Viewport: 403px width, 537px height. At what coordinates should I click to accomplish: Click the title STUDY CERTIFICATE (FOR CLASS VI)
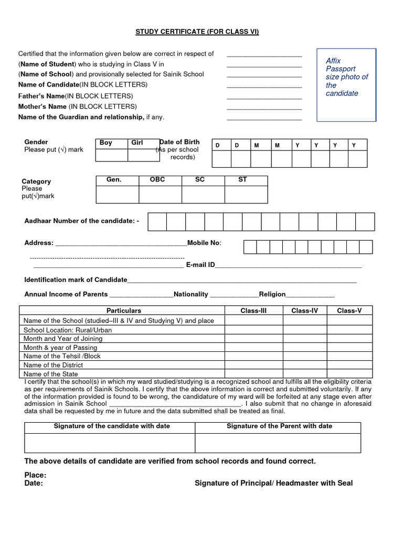pyautogui.click(x=197, y=32)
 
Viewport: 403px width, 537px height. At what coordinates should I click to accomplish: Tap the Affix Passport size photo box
pyautogui.click(x=346, y=84)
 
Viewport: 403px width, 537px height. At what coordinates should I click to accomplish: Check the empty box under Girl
pyautogui.click(x=143, y=155)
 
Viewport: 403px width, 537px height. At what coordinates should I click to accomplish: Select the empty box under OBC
pyautogui.click(x=160, y=194)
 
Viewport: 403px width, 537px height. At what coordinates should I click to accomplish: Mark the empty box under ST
pyautogui.click(x=246, y=194)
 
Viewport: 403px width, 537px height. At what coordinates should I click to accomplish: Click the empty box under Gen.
pyautogui.click(x=117, y=194)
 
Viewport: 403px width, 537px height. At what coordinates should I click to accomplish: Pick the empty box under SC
pyautogui.click(x=203, y=194)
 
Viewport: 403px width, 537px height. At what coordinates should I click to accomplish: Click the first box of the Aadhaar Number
pyautogui.click(x=157, y=222)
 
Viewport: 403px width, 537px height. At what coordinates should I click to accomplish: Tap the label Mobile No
pyautogui.click(x=204, y=243)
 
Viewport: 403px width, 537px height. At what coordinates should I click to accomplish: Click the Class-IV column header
pyautogui.click(x=305, y=310)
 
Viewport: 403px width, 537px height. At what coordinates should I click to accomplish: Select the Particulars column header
pyautogui.click(x=124, y=310)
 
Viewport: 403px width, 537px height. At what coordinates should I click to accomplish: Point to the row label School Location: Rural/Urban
pyautogui.click(x=68, y=330)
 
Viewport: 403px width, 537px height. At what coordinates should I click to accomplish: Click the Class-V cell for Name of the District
pyautogui.click(x=349, y=365)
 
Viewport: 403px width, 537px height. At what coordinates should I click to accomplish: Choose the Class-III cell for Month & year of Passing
pyautogui.click(x=253, y=347)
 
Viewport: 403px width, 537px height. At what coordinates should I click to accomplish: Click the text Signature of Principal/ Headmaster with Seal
pyautogui.click(x=273, y=483)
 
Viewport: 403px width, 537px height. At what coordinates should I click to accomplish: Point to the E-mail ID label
pyautogui.click(x=200, y=265)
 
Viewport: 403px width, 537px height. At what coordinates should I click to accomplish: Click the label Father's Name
pyautogui.click(x=41, y=96)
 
